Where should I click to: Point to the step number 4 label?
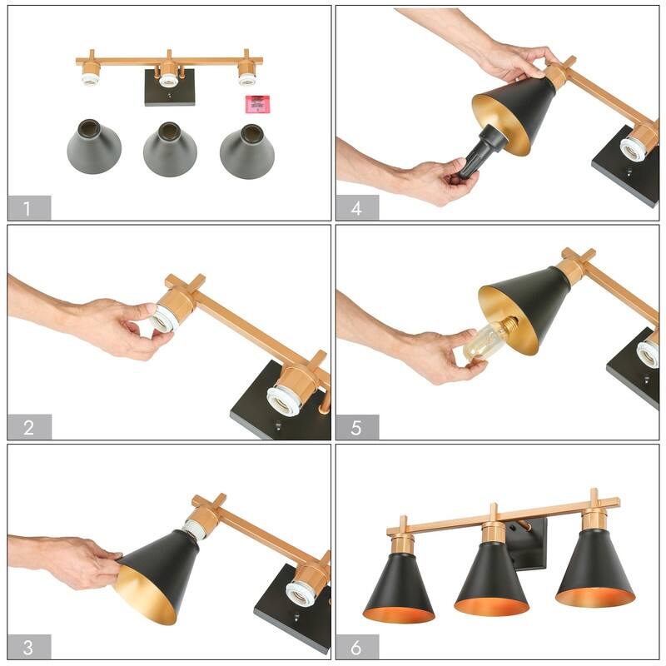[x=357, y=207]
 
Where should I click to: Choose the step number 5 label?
[x=357, y=427]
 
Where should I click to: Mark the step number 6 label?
[x=357, y=647]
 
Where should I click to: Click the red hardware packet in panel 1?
[x=258, y=104]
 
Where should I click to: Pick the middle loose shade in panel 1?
[x=170, y=147]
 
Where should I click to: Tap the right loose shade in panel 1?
[x=247, y=148]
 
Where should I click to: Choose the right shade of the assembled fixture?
[x=594, y=570]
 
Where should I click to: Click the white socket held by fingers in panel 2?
[x=166, y=319]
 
